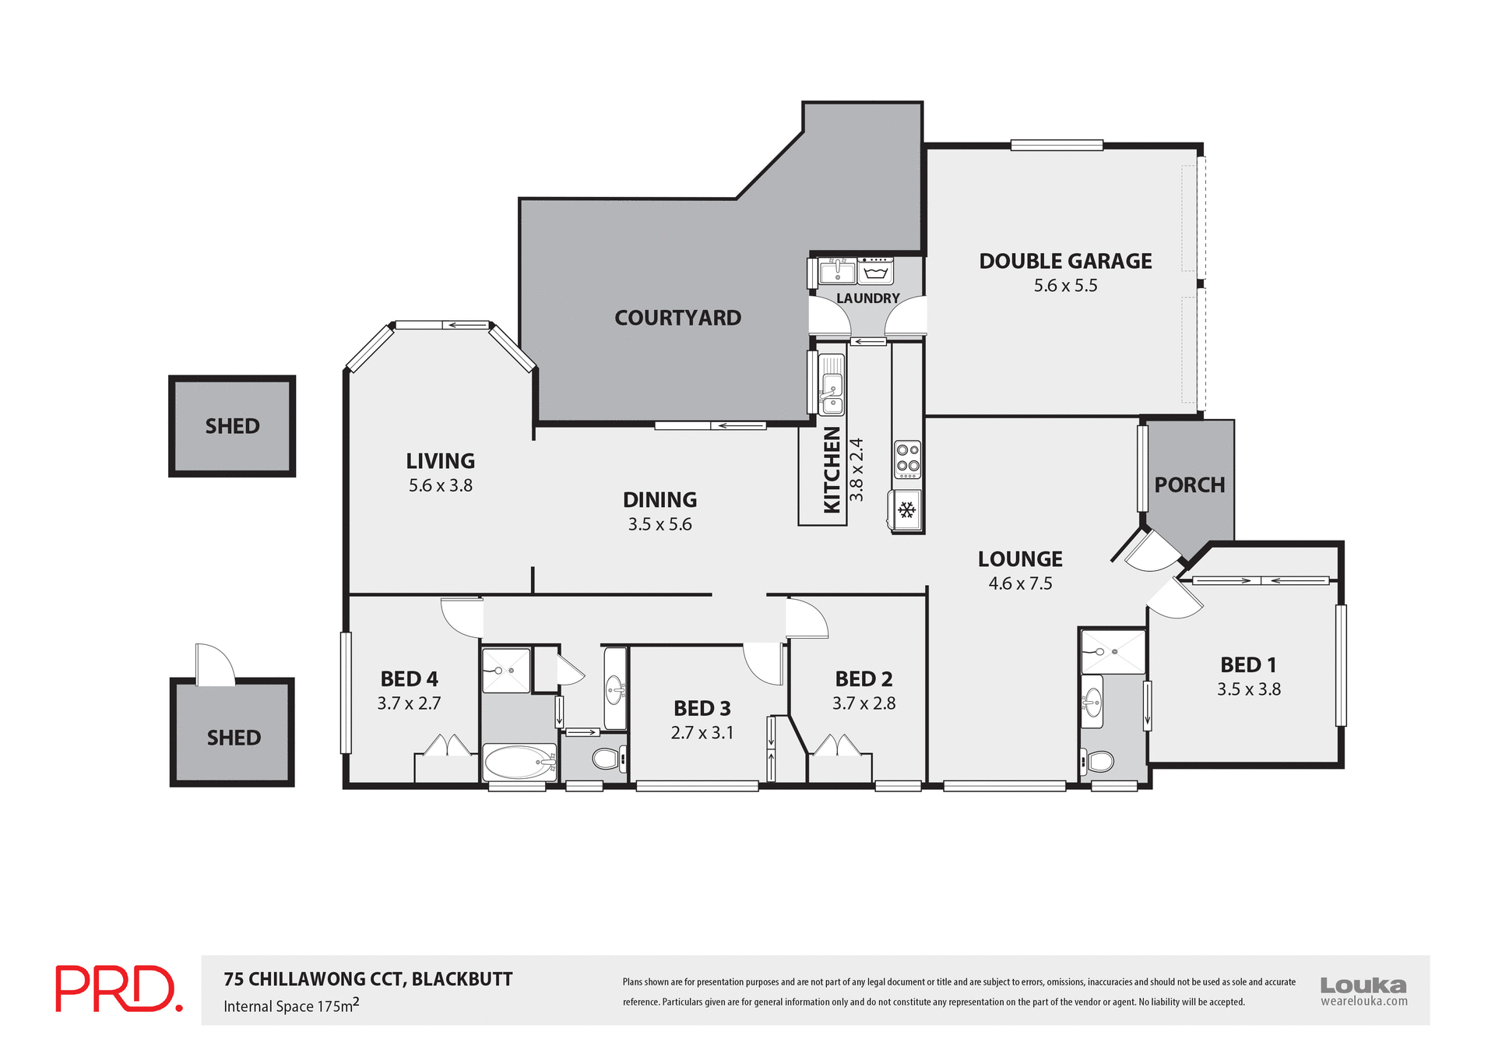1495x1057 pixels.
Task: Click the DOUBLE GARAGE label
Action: tap(1064, 261)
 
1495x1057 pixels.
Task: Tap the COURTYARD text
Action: tap(677, 318)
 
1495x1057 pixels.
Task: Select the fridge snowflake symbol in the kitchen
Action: tap(906, 510)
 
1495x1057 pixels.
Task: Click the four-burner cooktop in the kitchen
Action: tap(907, 459)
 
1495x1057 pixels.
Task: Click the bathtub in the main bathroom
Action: tap(519, 761)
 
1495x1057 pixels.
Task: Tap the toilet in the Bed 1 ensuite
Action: tap(1099, 760)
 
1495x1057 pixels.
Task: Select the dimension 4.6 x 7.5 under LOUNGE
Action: tap(1020, 583)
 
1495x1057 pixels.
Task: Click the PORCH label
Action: tap(1189, 485)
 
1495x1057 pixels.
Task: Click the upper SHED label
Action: tap(232, 426)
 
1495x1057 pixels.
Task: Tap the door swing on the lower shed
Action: tap(214, 664)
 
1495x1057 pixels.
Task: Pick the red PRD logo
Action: tap(118, 988)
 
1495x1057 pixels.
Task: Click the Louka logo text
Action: tap(1363, 985)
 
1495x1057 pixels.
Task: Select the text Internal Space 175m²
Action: tap(291, 1006)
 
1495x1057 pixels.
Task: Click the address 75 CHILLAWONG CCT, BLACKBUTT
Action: tap(368, 979)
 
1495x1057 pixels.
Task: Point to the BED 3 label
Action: tap(702, 708)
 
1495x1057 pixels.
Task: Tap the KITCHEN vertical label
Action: tap(832, 470)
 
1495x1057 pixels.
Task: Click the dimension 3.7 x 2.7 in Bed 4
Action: tap(409, 703)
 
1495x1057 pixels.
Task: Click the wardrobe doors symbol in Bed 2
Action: tap(838, 745)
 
